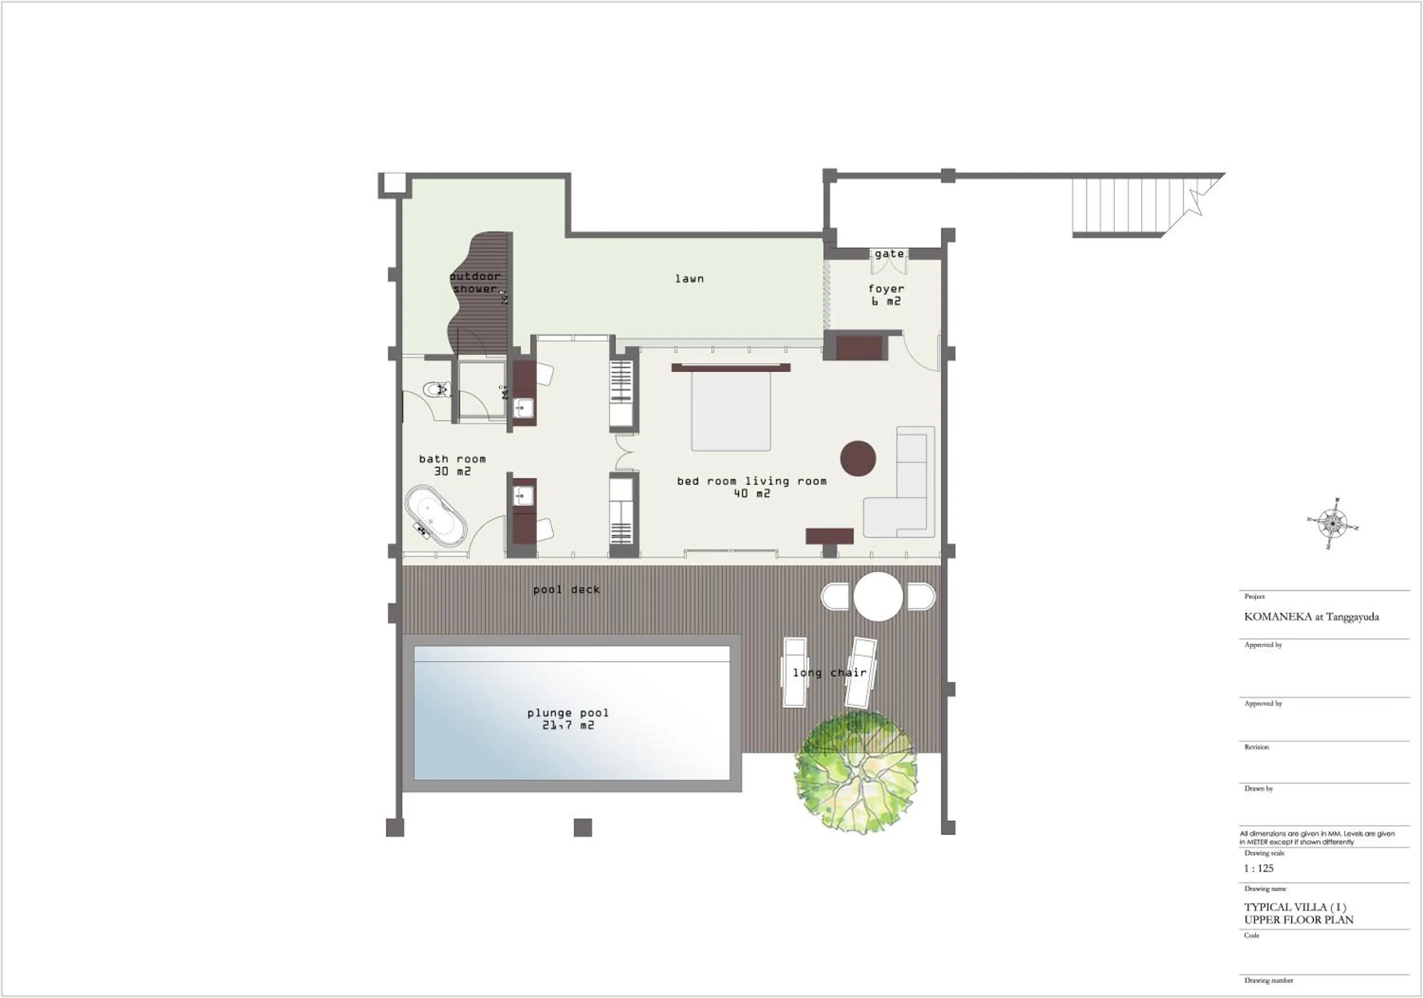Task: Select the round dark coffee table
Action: click(858, 458)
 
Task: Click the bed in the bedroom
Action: click(731, 410)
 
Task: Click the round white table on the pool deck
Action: click(878, 596)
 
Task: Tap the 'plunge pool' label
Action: click(568, 713)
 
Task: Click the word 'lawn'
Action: click(689, 279)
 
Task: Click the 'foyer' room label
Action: click(886, 289)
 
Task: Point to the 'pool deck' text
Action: click(566, 590)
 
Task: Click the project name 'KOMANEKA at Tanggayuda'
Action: click(1312, 617)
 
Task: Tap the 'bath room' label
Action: click(452, 459)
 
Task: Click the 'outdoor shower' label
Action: click(475, 283)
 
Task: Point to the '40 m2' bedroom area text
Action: click(751, 493)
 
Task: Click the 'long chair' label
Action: click(829, 673)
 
